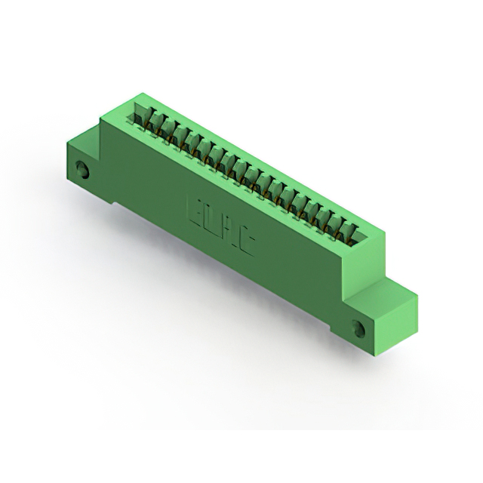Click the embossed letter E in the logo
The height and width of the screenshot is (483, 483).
(x=190, y=205)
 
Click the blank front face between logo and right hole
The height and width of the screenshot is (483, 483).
(x=302, y=283)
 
